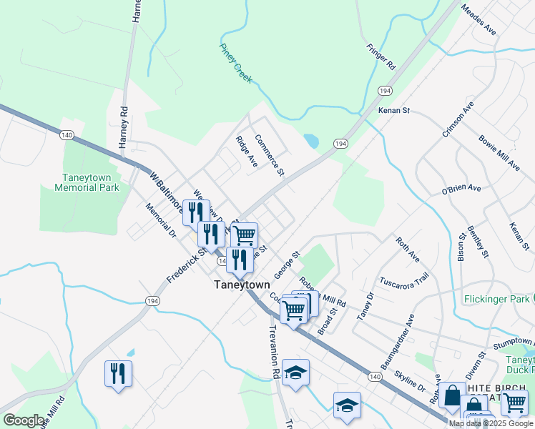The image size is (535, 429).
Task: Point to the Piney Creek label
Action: (235, 61)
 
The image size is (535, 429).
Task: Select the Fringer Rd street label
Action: (381, 56)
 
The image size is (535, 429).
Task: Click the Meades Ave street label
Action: (478, 20)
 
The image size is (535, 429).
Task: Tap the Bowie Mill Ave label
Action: (499, 152)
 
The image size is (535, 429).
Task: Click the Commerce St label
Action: (270, 155)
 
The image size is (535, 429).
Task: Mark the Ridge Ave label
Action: (247, 152)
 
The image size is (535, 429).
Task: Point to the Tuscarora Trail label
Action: (404, 278)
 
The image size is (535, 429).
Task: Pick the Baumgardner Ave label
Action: (398, 340)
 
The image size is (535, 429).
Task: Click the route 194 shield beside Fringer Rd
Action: (386, 91)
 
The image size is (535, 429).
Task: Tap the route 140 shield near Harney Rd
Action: (67, 134)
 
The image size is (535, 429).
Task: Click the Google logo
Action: (24, 420)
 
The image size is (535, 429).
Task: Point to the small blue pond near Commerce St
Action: (311, 141)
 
